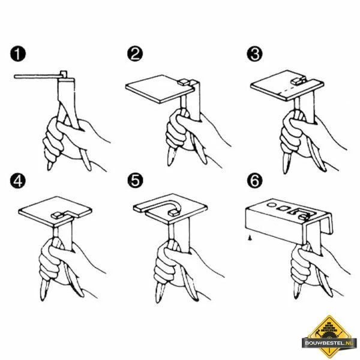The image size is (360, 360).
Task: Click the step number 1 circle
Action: (x=18, y=54)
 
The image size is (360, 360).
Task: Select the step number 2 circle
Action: (x=135, y=54)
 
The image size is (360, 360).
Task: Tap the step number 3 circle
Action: (x=254, y=54)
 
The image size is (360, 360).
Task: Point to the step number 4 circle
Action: (x=17, y=181)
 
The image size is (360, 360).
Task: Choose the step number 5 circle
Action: (x=135, y=181)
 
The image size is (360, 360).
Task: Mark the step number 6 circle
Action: (x=255, y=181)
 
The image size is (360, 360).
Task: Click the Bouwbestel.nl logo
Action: (x=329, y=337)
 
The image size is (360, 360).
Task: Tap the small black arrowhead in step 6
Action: (x=250, y=238)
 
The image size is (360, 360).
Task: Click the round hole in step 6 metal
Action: (x=272, y=205)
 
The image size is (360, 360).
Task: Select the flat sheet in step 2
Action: (x=160, y=89)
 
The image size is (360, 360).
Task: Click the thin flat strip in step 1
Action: (x=37, y=76)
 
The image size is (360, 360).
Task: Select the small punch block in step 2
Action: (x=184, y=82)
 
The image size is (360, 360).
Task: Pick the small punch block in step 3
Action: (x=298, y=80)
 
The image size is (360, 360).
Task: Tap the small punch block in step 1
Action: (x=64, y=74)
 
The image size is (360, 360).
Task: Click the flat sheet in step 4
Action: (x=55, y=210)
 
